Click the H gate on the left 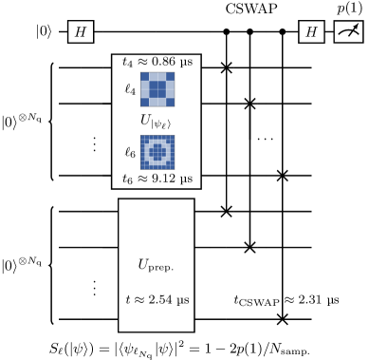tap(81, 32)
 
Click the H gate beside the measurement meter tap(311, 32)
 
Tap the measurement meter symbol tap(348, 32)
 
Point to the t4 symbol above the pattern tap(128, 63)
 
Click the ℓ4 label tap(130, 89)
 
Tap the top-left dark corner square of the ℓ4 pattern tap(145, 76)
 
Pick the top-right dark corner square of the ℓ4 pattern tap(170, 76)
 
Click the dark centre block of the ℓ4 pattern tap(157, 88)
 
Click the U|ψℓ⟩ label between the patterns tap(157, 121)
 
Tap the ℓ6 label tap(130, 152)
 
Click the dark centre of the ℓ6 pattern tap(157, 152)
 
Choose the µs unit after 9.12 tap(183, 179)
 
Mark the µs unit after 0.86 tap(183, 62)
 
